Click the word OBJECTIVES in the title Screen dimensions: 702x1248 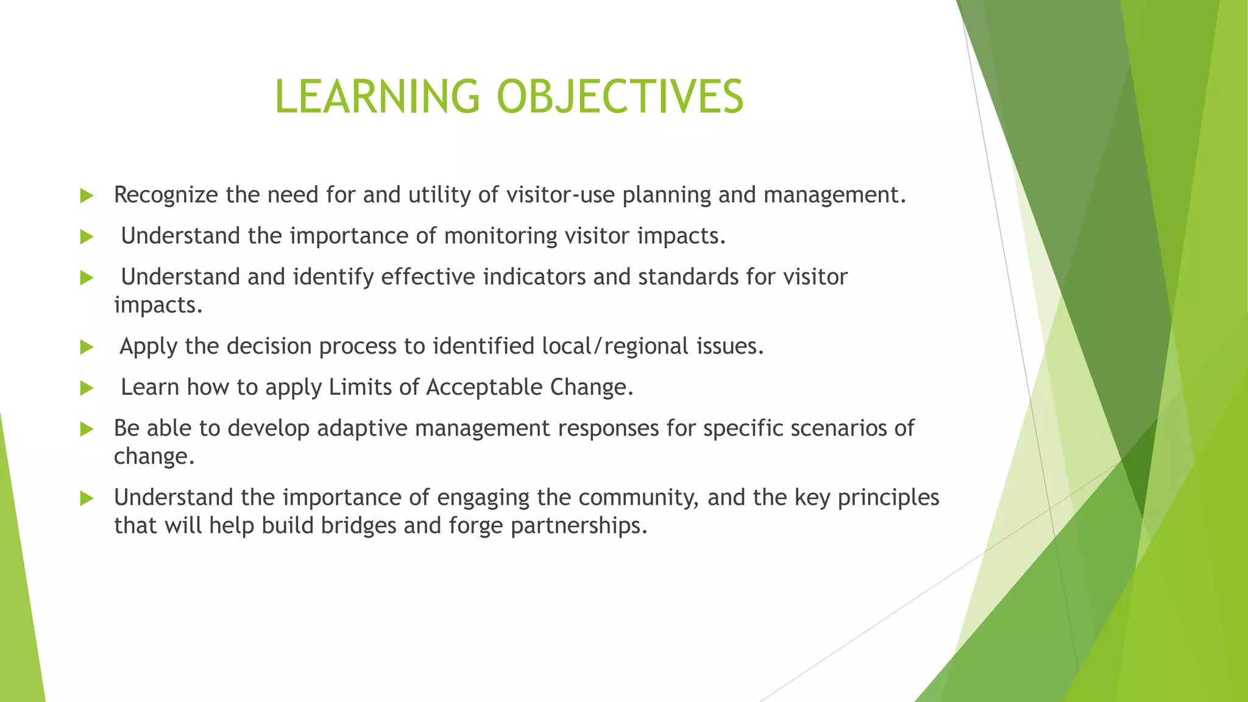click(620, 96)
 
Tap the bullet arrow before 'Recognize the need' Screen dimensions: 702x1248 click(87, 196)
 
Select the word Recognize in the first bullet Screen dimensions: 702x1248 click(166, 195)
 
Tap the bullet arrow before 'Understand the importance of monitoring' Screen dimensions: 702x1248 click(87, 236)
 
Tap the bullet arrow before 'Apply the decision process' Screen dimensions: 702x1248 click(87, 347)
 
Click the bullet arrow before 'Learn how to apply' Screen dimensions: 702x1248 click(87, 388)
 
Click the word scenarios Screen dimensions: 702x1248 click(838, 428)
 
